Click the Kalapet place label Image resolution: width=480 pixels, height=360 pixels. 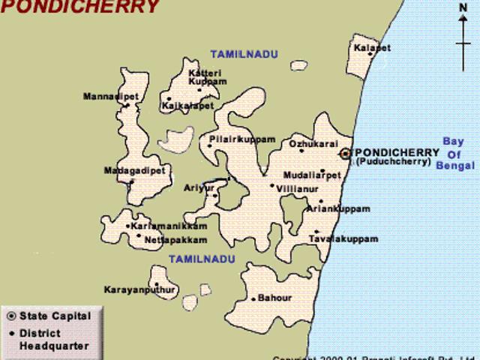373,48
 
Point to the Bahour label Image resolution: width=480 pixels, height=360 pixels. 274,298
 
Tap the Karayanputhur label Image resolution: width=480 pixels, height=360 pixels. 139,289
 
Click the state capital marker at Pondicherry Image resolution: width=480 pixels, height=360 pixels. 345,153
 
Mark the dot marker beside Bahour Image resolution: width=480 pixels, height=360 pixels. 254,298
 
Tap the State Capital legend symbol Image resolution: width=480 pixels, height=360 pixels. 10,316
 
